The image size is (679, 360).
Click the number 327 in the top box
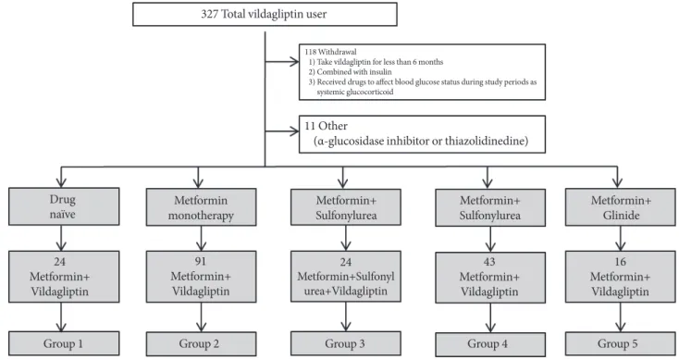210,14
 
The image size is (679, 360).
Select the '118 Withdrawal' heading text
330,52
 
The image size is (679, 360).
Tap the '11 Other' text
326,126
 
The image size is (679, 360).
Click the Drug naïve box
64,206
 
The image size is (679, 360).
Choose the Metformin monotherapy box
201,207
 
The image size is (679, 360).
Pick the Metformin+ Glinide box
620,207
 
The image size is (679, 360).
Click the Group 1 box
64,343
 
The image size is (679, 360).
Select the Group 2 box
201,344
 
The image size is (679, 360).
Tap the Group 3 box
346,343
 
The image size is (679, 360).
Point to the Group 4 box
490,344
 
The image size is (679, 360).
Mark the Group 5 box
620,344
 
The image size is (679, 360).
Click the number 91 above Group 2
201,262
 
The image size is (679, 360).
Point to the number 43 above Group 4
489,262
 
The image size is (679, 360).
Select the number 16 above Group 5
620,262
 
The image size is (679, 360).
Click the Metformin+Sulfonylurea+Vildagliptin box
346,277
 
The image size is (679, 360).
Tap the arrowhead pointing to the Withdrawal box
294,62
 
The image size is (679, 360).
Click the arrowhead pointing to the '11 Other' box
294,131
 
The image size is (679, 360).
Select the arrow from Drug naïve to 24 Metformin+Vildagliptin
61,238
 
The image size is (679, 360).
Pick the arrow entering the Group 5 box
621,317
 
